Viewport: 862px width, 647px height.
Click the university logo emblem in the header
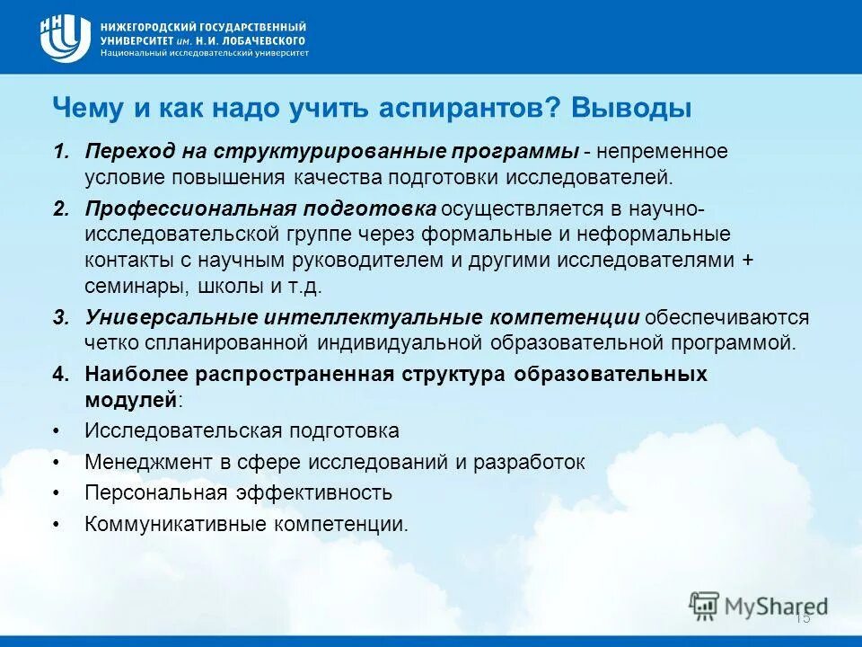pyautogui.click(x=65, y=39)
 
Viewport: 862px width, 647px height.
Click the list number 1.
pyautogui.click(x=59, y=150)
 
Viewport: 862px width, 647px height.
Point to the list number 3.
pyautogui.click(x=59, y=317)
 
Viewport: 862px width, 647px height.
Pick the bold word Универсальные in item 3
pyautogui.click(x=170, y=317)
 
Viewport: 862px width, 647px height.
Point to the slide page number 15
pyautogui.click(x=803, y=617)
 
